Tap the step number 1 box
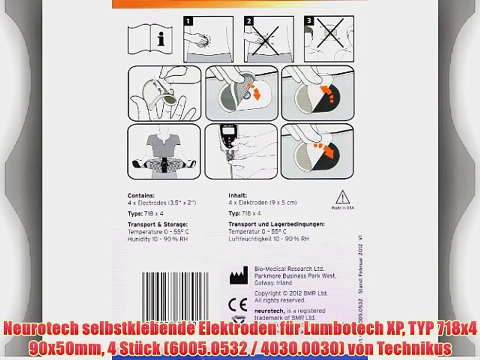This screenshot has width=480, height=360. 188,21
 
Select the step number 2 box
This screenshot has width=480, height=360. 248,21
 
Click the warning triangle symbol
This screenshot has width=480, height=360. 342,196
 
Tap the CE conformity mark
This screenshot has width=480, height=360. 237,304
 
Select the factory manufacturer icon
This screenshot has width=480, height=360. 238,275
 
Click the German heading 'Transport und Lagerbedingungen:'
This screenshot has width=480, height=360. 277,224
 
